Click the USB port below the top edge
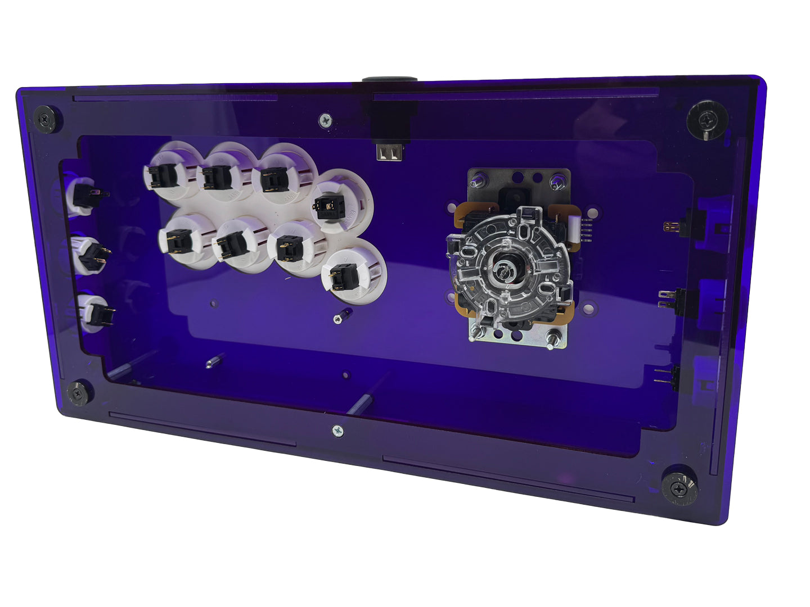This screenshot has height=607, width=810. (390, 152)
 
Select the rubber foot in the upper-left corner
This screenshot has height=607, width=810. (45, 119)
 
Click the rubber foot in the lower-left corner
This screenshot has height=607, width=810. (78, 392)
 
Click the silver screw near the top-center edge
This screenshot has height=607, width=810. (325, 120)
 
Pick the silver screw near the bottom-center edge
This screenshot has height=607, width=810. (338, 431)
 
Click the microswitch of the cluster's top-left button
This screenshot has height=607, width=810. (164, 176)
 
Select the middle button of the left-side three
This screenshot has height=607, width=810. (88, 255)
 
